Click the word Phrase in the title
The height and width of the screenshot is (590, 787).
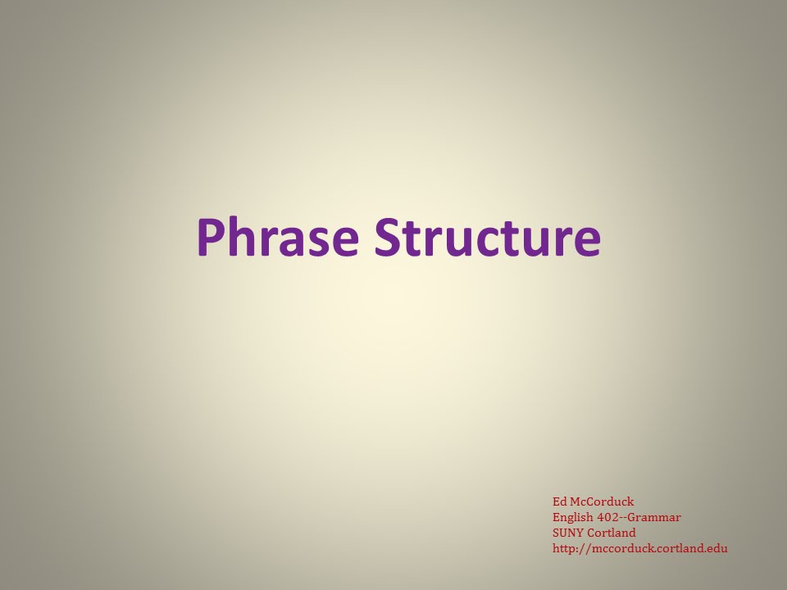click(278, 237)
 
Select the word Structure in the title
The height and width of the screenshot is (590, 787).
click(487, 237)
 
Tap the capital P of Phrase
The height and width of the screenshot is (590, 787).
click(210, 237)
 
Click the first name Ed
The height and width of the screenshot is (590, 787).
click(559, 501)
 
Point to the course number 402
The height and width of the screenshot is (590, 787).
click(607, 517)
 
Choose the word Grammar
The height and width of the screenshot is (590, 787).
click(655, 518)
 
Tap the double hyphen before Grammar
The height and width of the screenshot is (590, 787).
click(625, 518)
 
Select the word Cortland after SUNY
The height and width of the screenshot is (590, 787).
click(612, 533)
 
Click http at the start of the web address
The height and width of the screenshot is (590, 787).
click(563, 548)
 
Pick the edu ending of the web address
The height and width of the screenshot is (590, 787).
click(717, 548)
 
